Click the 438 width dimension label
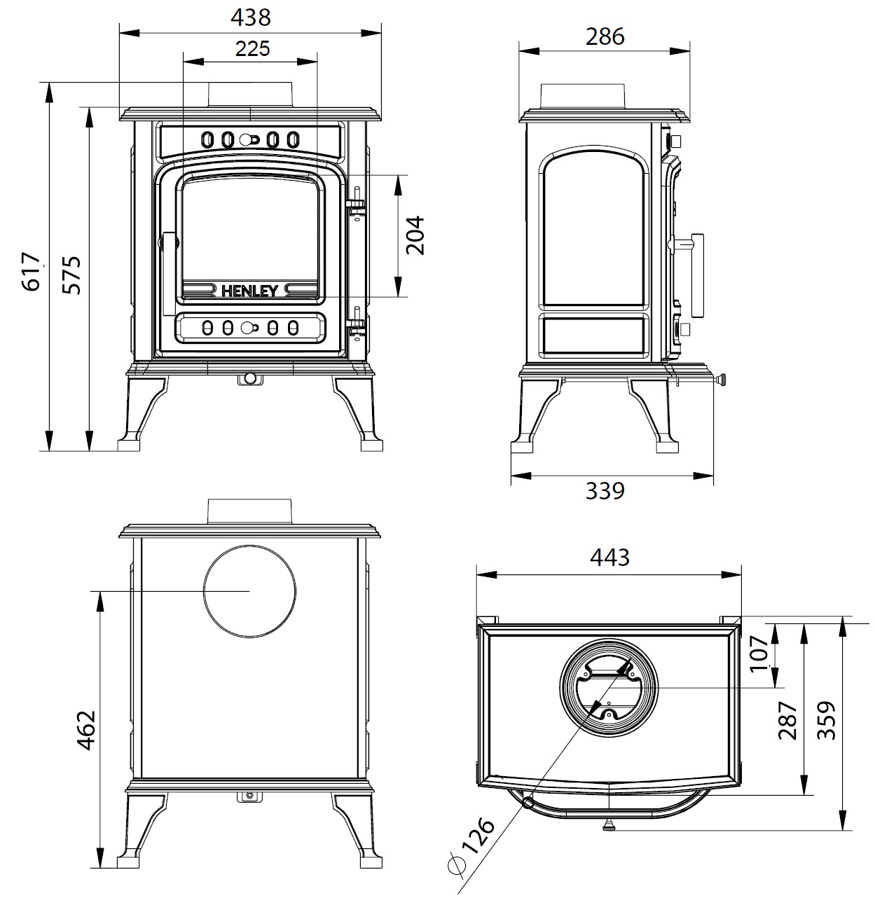tap(250, 18)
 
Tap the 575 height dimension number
tap(71, 275)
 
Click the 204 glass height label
tap(415, 235)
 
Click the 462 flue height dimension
tap(85, 731)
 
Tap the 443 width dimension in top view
tap(609, 558)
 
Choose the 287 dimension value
tap(788, 720)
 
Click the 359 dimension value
tap(827, 720)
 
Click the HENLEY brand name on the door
tap(250, 291)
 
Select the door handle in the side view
tap(696, 275)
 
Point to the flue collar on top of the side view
tap(581, 96)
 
